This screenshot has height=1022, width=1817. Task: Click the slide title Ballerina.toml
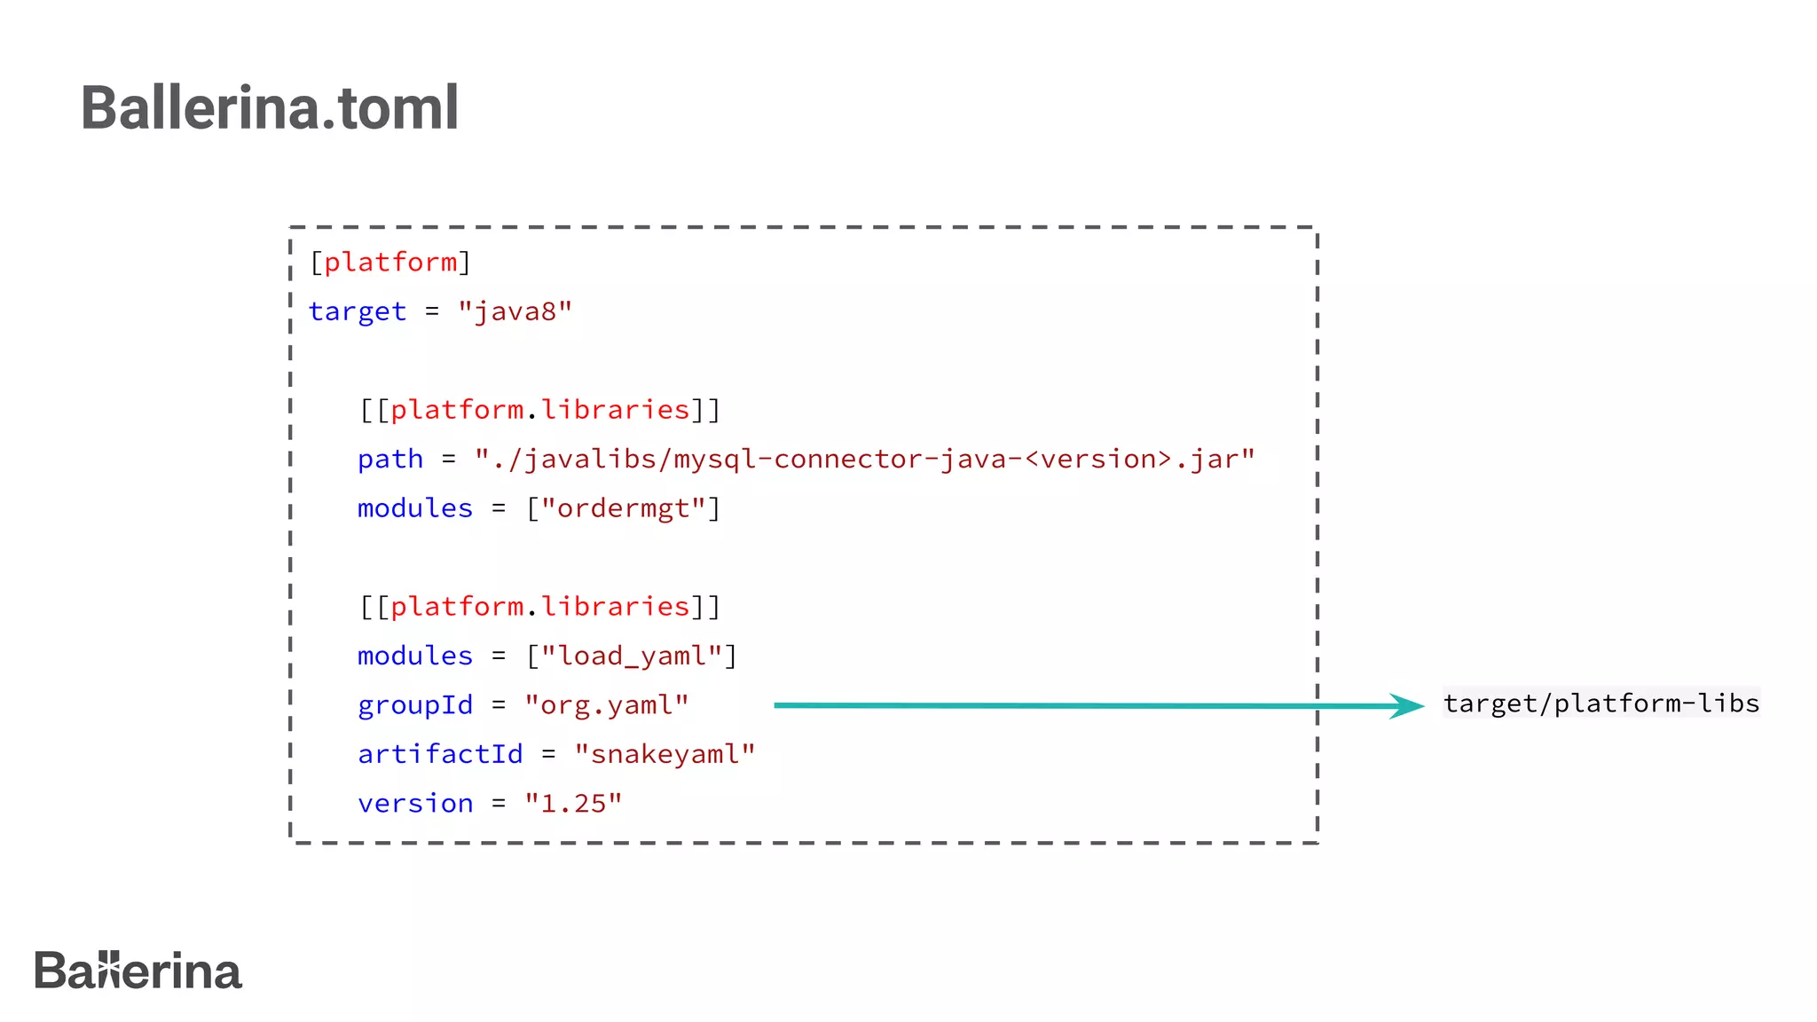pyautogui.click(x=270, y=108)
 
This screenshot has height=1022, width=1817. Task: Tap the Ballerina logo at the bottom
pyautogui.click(x=138, y=971)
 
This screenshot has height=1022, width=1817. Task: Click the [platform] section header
pyautogui.click(x=389, y=263)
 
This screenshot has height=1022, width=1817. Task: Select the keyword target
pyautogui.click(x=358, y=312)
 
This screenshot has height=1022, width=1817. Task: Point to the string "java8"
pyautogui.click(x=515, y=312)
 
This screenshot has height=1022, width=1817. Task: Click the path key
pyautogui.click(x=390, y=460)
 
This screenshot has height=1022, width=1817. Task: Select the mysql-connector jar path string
pyautogui.click(x=865, y=460)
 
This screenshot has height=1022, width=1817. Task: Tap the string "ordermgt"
pyautogui.click(x=624, y=508)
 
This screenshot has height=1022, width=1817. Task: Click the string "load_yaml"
pyautogui.click(x=632, y=656)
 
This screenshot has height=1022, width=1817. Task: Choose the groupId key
pyautogui.click(x=415, y=705)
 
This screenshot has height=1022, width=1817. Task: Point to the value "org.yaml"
pyautogui.click(x=606, y=705)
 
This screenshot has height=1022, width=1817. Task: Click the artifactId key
pyautogui.click(x=440, y=754)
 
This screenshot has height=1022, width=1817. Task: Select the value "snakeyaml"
pyautogui.click(x=665, y=754)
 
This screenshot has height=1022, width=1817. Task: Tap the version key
pyautogui.click(x=415, y=804)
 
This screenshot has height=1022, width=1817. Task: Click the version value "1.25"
pyautogui.click(x=573, y=804)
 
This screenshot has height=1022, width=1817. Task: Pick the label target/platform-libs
pyautogui.click(x=1601, y=704)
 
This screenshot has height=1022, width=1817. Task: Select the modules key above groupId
pyautogui.click(x=415, y=656)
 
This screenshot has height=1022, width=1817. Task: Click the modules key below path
pyautogui.click(x=415, y=508)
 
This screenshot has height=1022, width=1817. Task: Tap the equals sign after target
pyautogui.click(x=432, y=312)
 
